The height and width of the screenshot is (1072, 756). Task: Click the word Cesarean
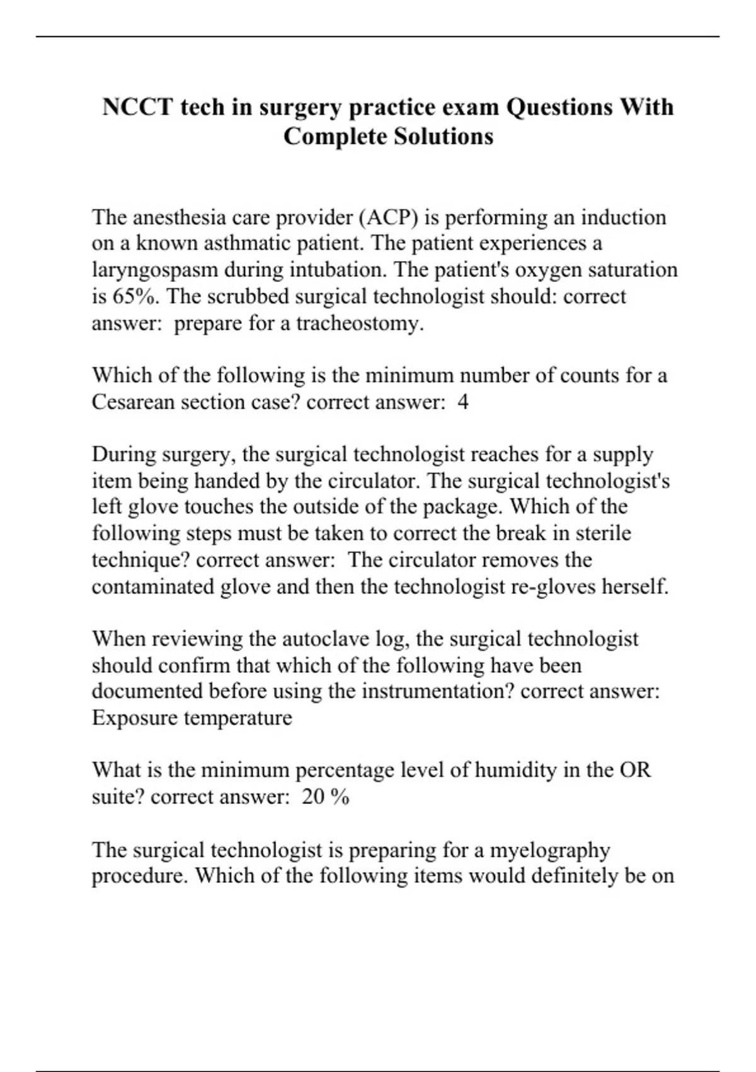pos(134,402)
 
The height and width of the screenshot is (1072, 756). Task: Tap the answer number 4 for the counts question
pos(463,402)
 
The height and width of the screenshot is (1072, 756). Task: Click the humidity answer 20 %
pos(325,797)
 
